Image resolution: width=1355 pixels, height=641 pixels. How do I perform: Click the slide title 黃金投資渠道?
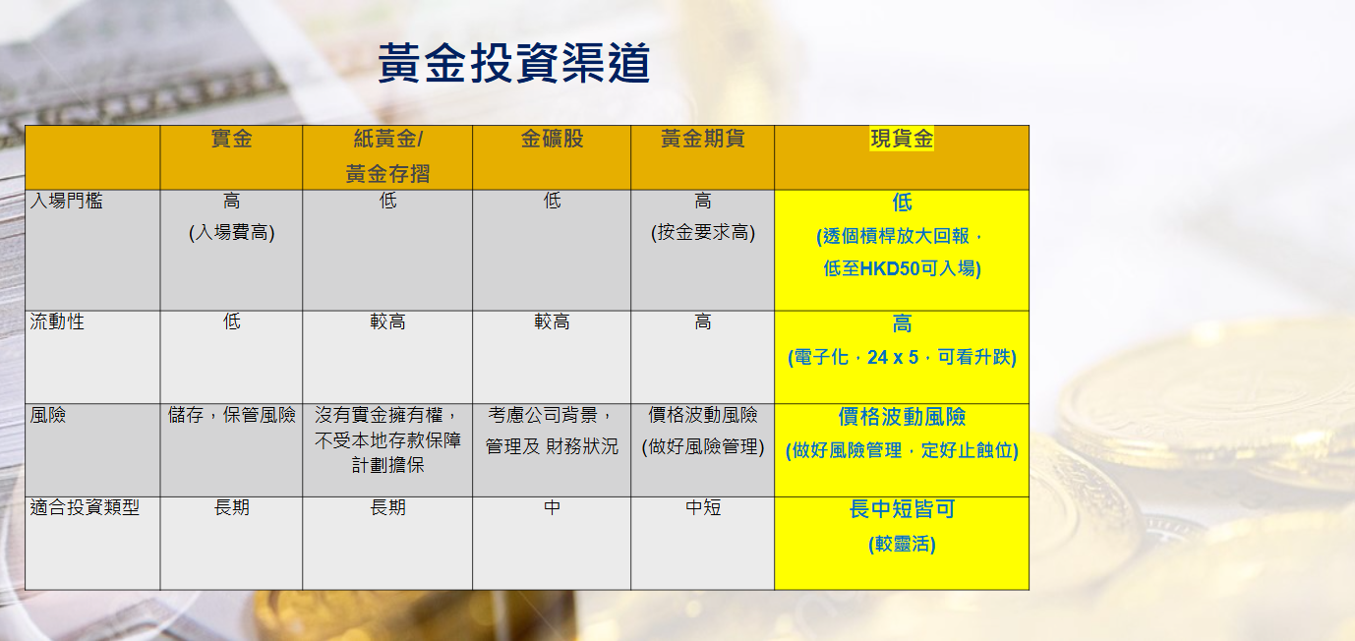coord(514,62)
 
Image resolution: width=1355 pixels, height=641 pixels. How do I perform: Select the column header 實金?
coord(232,139)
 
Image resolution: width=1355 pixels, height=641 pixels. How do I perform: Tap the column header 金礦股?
coord(552,139)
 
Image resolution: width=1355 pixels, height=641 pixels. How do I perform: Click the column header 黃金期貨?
coord(702,139)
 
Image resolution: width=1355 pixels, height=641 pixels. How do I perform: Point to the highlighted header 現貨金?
coord(902,139)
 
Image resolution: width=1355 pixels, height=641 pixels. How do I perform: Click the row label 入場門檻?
coord(67,201)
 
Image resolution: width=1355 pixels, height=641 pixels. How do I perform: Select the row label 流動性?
coord(57,321)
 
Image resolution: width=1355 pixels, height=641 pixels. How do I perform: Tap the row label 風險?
coord(48,415)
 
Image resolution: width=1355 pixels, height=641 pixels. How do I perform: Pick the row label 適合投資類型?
coord(85,506)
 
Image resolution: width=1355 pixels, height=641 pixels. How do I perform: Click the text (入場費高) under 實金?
coord(232,232)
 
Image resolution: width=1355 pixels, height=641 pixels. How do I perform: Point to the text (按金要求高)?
coord(703,232)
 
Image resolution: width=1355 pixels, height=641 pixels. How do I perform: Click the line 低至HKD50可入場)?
coord(902,267)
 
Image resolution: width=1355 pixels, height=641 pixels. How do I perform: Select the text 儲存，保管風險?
coord(232,415)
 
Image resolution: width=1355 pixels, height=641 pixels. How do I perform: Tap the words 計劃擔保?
coord(387,465)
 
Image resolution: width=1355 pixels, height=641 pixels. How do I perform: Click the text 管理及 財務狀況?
coord(552,446)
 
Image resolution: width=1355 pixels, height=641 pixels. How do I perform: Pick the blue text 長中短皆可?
coord(902,509)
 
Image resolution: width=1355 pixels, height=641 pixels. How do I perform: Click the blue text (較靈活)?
coord(902,544)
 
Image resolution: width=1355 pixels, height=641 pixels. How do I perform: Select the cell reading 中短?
coord(703,506)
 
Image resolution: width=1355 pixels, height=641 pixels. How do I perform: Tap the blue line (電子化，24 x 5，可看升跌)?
coord(902,357)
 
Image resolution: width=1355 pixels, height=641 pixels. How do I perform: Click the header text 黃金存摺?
coord(387,174)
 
